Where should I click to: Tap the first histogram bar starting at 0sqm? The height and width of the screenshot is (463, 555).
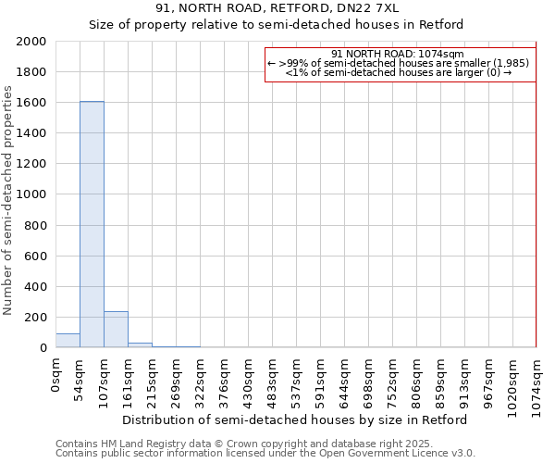(68, 341)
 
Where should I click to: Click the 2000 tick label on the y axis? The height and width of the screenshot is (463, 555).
(31, 42)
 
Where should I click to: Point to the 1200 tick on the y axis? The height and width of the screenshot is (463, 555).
(31, 164)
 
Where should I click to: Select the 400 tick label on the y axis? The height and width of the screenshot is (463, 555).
(35, 286)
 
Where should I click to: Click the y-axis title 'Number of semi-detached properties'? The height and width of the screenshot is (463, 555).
(8, 200)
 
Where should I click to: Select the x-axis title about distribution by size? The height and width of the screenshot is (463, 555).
(294, 419)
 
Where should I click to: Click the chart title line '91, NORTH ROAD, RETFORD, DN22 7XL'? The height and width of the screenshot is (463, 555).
(277, 7)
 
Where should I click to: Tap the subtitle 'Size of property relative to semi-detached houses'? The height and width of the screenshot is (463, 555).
(277, 24)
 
